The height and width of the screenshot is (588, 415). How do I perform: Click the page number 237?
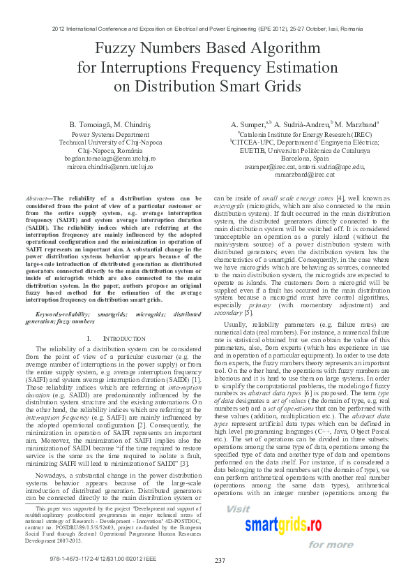click(x=220, y=561)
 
